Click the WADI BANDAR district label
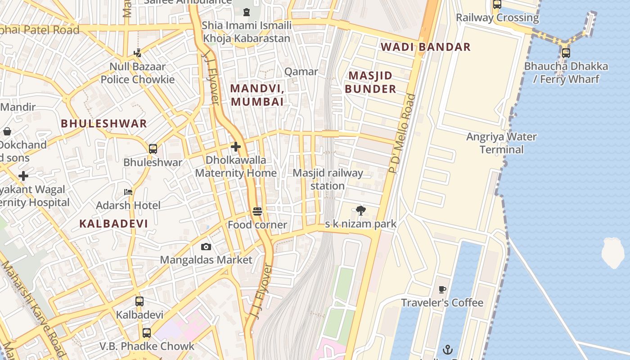(425, 47)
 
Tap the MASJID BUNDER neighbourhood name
(370, 82)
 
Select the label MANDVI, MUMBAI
(257, 95)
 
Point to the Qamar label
(301, 72)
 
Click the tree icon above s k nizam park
(360, 210)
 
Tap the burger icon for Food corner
(257, 211)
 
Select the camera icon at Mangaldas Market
(206, 247)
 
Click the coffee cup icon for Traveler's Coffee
(442, 289)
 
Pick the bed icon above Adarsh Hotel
(128, 192)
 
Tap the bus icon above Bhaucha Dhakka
(566, 53)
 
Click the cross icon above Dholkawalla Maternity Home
(235, 147)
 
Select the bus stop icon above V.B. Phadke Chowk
(146, 333)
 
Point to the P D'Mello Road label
(402, 134)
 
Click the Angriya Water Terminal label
(501, 143)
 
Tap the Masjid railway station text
(328, 179)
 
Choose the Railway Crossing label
(497, 18)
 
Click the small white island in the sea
(613, 253)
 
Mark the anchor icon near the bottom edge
(447, 350)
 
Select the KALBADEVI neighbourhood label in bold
(113, 223)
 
